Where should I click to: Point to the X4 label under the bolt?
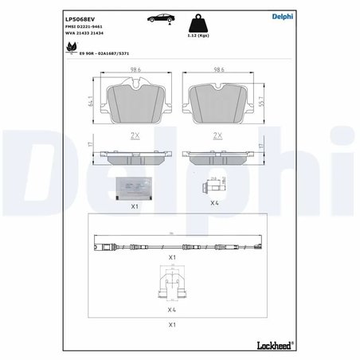213,203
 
